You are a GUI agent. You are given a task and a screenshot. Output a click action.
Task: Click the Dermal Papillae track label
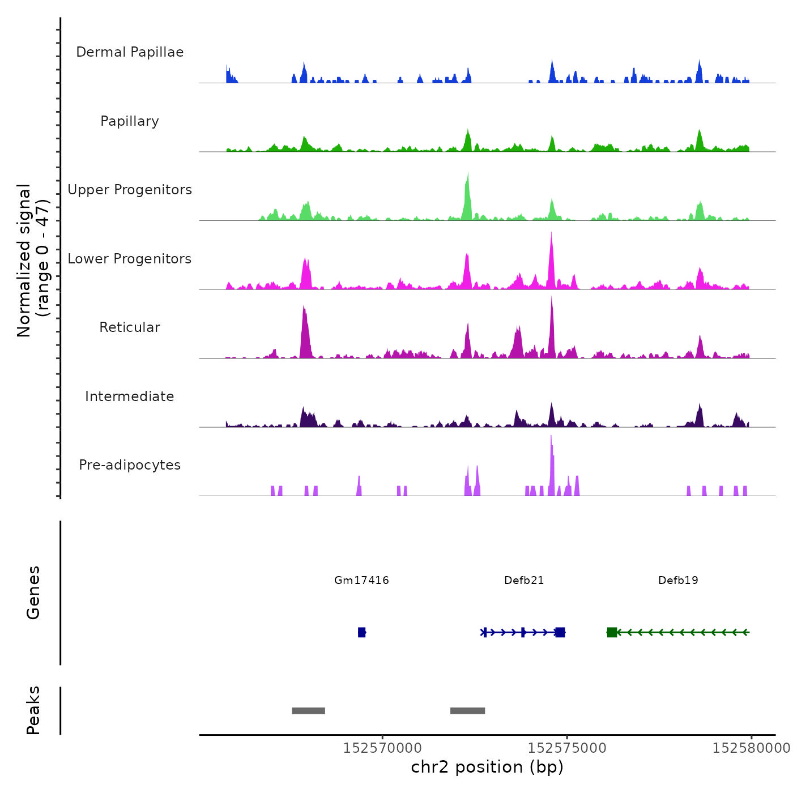click(130, 52)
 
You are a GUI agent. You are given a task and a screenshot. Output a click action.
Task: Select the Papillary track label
click(130, 121)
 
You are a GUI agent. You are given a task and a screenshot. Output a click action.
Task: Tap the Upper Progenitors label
click(130, 190)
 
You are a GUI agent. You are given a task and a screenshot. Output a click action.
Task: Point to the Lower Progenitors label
click(130, 259)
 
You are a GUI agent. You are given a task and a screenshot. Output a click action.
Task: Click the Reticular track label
click(130, 327)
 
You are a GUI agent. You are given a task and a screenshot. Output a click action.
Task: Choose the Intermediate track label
click(130, 396)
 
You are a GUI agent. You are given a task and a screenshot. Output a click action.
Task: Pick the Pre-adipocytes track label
click(130, 465)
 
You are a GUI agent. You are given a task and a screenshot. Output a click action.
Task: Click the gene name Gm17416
click(361, 580)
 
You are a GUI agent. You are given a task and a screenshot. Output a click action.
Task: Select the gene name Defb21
click(524, 580)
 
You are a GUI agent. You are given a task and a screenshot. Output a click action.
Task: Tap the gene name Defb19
click(678, 580)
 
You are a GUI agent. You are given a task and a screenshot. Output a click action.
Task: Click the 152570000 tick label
click(382, 748)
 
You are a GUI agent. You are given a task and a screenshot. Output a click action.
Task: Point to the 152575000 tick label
click(567, 748)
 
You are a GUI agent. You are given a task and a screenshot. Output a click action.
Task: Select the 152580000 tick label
click(751, 748)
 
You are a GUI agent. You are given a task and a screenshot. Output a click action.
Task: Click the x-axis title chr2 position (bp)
click(487, 767)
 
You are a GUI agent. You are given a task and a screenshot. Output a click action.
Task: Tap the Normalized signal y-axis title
click(33, 260)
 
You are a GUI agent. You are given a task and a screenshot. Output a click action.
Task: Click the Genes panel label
click(33, 592)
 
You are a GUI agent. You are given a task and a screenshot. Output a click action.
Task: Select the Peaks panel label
click(33, 710)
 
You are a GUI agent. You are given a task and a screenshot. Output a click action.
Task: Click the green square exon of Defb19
click(612, 632)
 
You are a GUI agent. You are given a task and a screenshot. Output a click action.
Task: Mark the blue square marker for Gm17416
click(361, 632)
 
